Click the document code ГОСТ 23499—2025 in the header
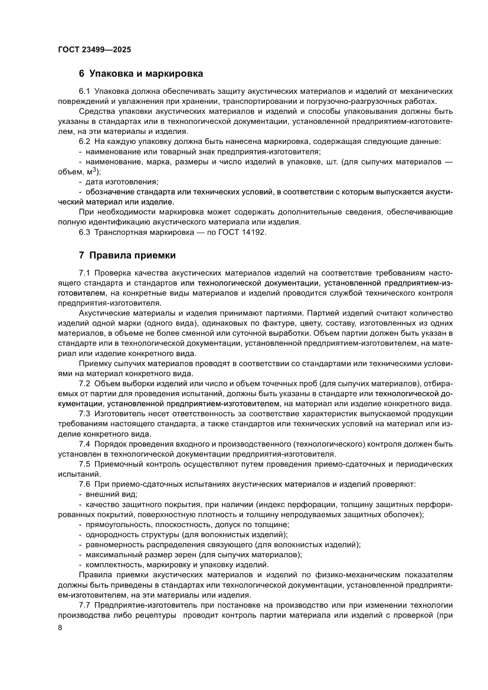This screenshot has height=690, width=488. [x=94, y=50]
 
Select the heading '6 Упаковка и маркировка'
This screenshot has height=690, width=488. [x=141, y=74]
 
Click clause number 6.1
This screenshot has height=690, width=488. [x=84, y=91]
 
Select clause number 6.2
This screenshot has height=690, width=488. [x=84, y=142]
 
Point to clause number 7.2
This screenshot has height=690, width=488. [x=84, y=385]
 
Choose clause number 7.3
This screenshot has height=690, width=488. [x=84, y=414]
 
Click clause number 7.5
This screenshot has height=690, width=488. [x=84, y=464]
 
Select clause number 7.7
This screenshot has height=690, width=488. [x=84, y=606]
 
